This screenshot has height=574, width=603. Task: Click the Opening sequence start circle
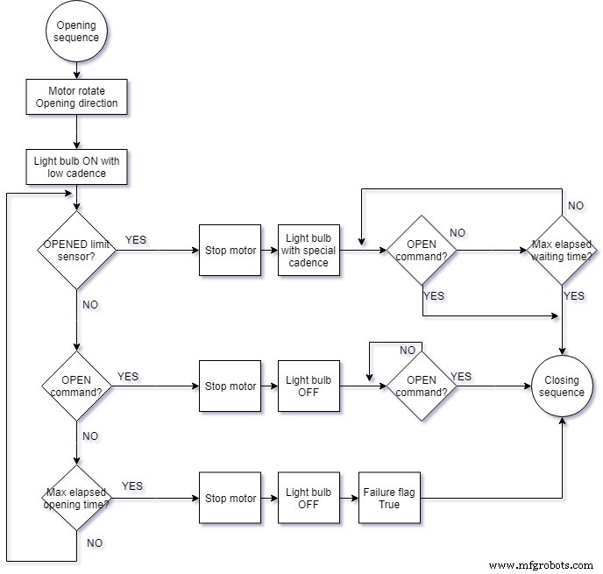[x=76, y=32]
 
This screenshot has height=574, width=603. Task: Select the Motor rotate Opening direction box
[x=76, y=96]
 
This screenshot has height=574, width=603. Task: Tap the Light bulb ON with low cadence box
[x=76, y=167]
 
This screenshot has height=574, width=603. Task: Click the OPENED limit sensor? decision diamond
[x=76, y=251]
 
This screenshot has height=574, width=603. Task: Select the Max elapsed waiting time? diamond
[x=561, y=251]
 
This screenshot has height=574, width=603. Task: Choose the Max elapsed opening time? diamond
[x=76, y=499]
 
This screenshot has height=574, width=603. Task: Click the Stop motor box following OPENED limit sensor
[x=231, y=251]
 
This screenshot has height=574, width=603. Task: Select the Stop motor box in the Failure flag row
[x=231, y=499]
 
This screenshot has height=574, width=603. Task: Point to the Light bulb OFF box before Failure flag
[x=309, y=499]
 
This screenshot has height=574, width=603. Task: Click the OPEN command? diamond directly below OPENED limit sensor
[x=76, y=386]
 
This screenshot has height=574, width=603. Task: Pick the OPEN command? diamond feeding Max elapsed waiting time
[x=422, y=251]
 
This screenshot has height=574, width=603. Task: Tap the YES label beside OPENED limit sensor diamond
[x=136, y=239]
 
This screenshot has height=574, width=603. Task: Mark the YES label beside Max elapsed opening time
[x=132, y=485]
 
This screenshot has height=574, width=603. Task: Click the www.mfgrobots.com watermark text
[x=542, y=565]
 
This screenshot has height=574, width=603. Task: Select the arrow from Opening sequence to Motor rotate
[x=76, y=68]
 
